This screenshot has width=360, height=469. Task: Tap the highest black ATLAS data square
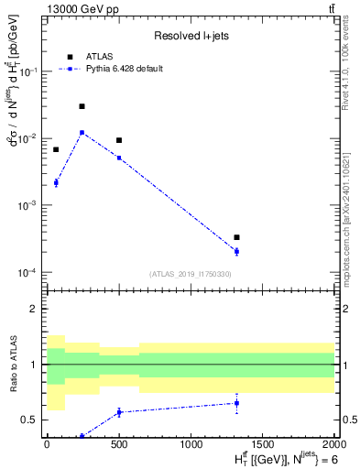[x=82, y=106]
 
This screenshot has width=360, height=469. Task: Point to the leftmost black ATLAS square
[x=56, y=149]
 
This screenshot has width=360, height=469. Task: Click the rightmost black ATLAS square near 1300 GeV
[x=236, y=237]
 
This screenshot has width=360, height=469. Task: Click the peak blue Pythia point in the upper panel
[x=82, y=132]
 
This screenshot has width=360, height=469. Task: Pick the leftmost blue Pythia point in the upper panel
[x=56, y=182]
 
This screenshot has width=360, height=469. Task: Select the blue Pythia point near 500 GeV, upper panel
[x=119, y=158]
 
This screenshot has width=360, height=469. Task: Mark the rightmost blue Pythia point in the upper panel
[x=236, y=251]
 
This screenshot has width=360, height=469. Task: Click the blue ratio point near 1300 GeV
[x=236, y=403]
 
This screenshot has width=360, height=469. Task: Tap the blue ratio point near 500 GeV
[x=119, y=412]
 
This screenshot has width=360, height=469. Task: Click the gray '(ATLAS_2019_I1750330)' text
[x=190, y=274]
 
